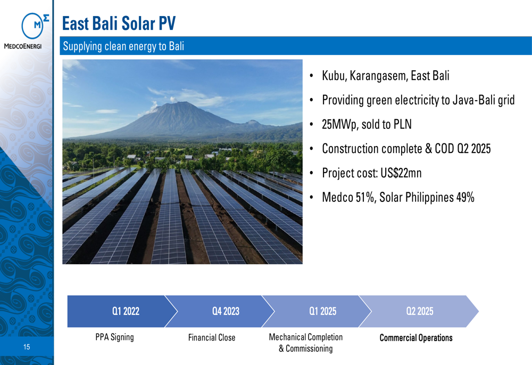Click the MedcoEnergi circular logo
tap(32, 26)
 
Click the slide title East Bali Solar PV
tap(119, 23)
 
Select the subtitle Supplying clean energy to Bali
tap(123, 46)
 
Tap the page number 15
tap(27, 347)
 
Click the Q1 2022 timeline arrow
tap(122, 311)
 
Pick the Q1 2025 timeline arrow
tap(317, 311)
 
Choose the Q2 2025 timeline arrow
tap(419, 311)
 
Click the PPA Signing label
tap(115, 337)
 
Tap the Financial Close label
tap(212, 337)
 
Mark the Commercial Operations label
tap(416, 338)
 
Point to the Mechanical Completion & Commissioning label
tap(306, 343)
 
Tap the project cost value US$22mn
tap(401, 173)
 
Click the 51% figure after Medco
tap(366, 198)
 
